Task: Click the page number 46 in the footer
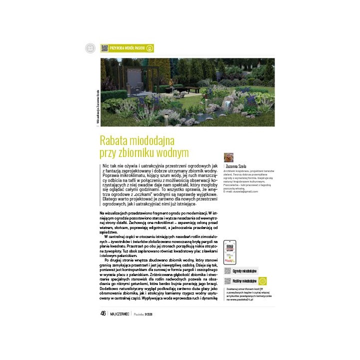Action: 103,313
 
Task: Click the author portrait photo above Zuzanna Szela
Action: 228,157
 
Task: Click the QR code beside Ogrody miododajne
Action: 227,270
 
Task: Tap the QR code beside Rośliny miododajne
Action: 227,281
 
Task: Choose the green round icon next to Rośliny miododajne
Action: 262,281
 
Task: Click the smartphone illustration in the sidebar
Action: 230,252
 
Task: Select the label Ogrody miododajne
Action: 244,270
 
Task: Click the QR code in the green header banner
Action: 104,48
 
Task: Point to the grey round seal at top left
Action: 90,48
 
